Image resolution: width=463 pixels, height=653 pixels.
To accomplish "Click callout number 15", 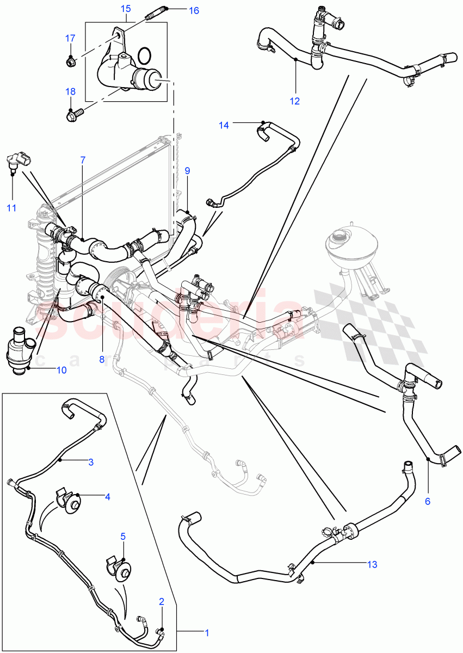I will coord(126,9).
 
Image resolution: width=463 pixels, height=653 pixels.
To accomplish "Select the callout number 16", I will coord(179,10).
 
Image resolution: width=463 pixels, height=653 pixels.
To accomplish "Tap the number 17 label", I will coord(70,38).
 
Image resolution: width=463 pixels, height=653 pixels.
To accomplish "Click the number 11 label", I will coord(12,207).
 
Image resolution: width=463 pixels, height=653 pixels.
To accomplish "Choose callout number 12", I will coord(295,100).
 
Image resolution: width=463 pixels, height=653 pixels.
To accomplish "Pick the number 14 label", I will coord(224,125).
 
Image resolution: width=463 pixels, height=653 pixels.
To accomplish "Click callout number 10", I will coord(61,370).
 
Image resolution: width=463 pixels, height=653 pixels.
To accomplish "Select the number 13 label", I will coord(372,564).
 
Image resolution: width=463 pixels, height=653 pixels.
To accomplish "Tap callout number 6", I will coord(427,501).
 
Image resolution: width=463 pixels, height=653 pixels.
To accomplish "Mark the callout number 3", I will coord(91,462).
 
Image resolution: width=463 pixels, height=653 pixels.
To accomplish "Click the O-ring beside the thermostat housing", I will coord(145,55).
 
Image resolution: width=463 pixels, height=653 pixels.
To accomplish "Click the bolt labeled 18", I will coord(73,115).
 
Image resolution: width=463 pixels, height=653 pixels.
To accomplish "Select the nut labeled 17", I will coord(70,62).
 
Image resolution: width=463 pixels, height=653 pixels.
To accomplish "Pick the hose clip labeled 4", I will coord(69,500).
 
